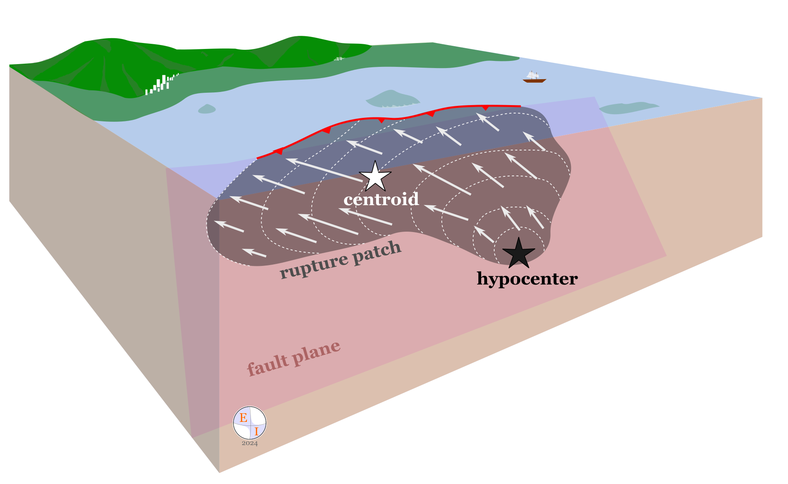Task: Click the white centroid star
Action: [x=375, y=177]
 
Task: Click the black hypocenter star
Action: [x=518, y=253]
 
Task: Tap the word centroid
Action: [x=381, y=199]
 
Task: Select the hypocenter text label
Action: [x=527, y=279]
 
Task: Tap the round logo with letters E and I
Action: [x=249, y=423]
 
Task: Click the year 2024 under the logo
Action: [x=250, y=443]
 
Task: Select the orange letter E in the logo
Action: [x=244, y=418]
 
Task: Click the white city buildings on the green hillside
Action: [x=160, y=85]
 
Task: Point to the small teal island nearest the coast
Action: [x=207, y=109]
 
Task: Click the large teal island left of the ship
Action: [x=392, y=100]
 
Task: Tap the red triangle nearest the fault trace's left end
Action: [x=279, y=151]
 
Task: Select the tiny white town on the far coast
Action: [x=339, y=59]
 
